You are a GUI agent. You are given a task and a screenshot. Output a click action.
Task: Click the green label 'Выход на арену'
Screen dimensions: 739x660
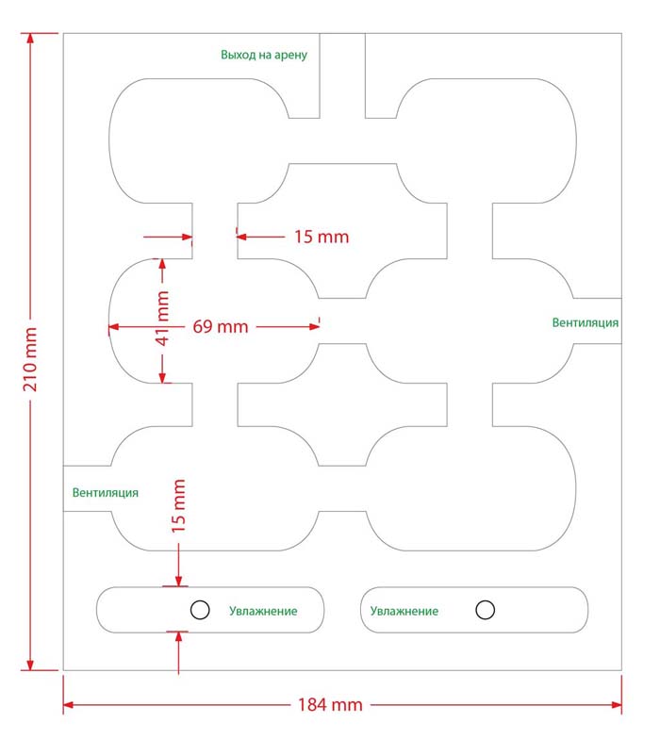tap(264, 55)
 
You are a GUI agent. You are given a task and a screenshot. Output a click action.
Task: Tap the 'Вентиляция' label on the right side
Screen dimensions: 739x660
tap(586, 322)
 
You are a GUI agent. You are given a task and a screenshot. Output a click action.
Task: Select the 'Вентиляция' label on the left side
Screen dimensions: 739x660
tap(106, 492)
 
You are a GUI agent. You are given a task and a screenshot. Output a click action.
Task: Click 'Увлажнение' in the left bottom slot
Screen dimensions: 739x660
tap(263, 611)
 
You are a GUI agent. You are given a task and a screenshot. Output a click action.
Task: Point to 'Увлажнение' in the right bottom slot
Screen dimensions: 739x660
tap(404, 611)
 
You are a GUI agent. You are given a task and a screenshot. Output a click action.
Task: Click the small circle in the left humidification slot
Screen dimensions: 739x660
tap(199, 610)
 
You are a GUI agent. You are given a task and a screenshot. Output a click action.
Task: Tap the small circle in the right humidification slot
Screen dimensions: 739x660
tap(486, 610)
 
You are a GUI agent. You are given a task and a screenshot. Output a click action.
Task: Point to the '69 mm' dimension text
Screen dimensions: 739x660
tap(220, 327)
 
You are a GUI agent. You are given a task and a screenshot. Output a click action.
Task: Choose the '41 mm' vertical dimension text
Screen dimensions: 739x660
tap(162, 318)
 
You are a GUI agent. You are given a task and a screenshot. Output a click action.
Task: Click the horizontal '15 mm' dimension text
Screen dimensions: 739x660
tap(321, 236)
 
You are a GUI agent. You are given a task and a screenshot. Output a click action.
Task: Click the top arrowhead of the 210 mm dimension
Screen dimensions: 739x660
tap(31, 39)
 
